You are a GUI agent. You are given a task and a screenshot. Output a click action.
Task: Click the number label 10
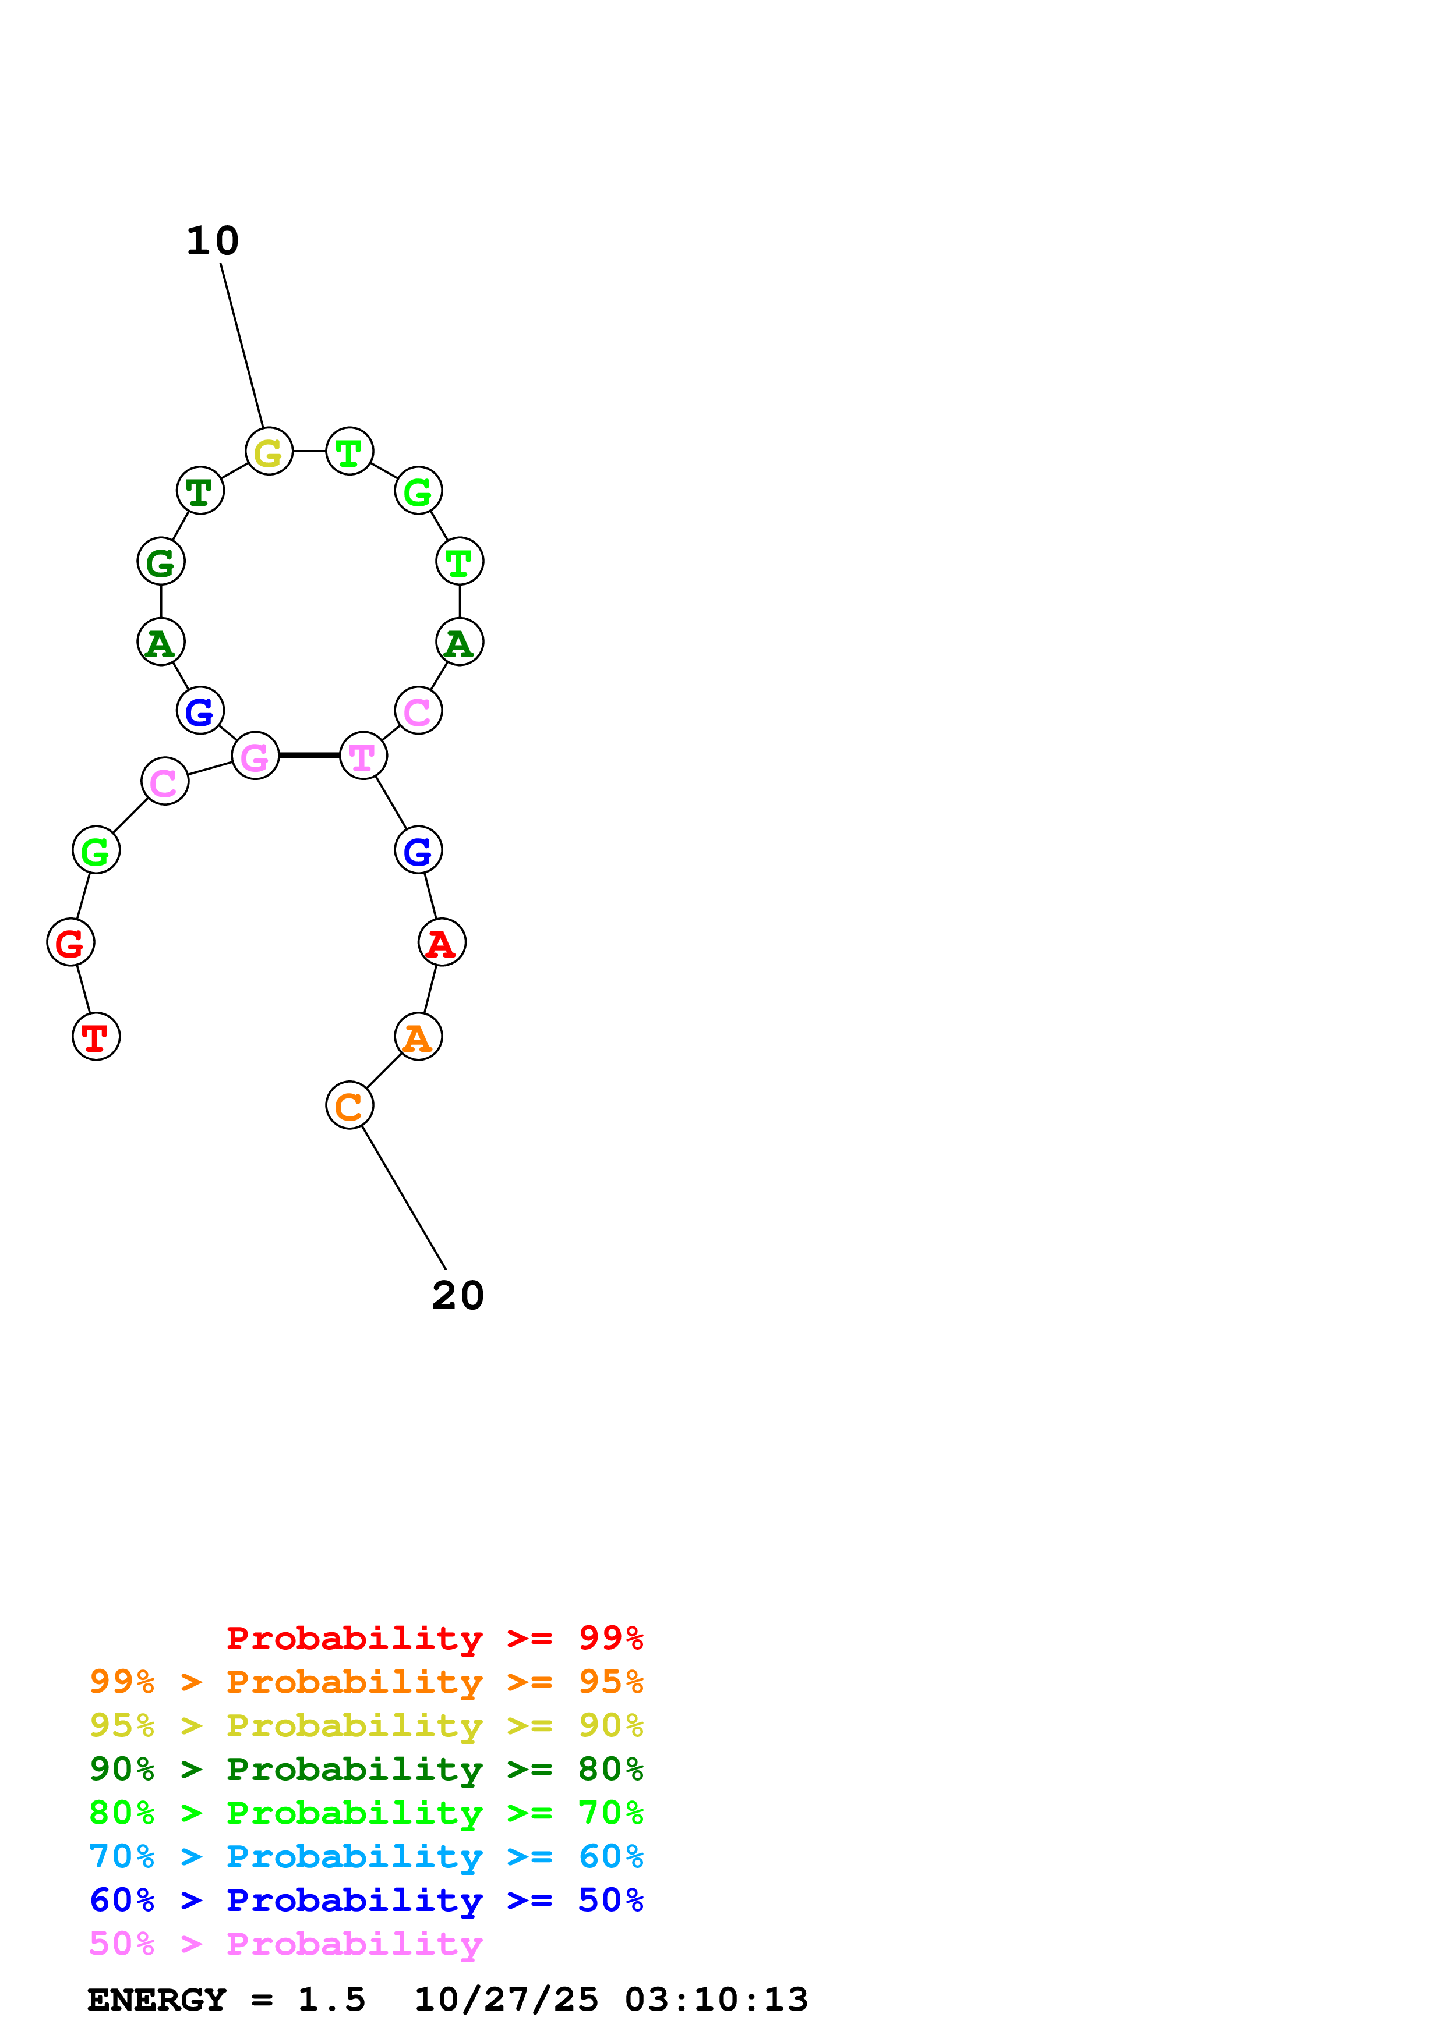pyautogui.click(x=213, y=241)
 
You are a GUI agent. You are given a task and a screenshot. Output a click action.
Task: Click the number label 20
pyautogui.click(x=457, y=1296)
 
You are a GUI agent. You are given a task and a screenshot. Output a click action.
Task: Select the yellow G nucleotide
pyautogui.click(x=269, y=452)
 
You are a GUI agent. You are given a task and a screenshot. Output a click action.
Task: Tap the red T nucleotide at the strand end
pyautogui.click(x=96, y=1037)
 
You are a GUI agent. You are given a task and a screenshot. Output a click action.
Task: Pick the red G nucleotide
pyautogui.click(x=70, y=943)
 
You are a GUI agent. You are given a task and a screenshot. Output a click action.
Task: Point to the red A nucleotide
pyautogui.click(x=442, y=943)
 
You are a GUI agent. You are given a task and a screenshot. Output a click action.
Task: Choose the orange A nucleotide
pyautogui.click(x=418, y=1037)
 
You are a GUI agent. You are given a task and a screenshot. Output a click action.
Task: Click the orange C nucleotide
pyautogui.click(x=349, y=1105)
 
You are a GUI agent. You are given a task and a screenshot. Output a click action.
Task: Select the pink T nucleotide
pyautogui.click(x=363, y=757)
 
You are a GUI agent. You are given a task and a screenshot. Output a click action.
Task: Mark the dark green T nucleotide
pyautogui.click(x=200, y=491)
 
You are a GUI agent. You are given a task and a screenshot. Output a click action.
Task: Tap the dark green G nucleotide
pyautogui.click(x=161, y=562)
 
